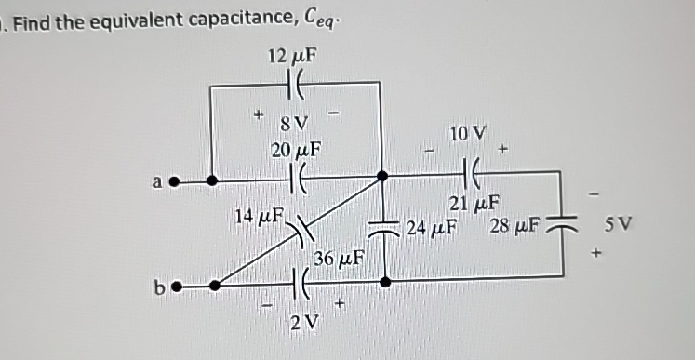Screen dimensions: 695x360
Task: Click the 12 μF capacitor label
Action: (x=291, y=55)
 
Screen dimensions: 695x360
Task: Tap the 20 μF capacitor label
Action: (x=296, y=149)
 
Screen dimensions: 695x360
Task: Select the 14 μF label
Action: (x=257, y=217)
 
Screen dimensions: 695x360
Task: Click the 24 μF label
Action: (x=431, y=226)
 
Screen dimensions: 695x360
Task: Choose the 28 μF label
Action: (x=514, y=226)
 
